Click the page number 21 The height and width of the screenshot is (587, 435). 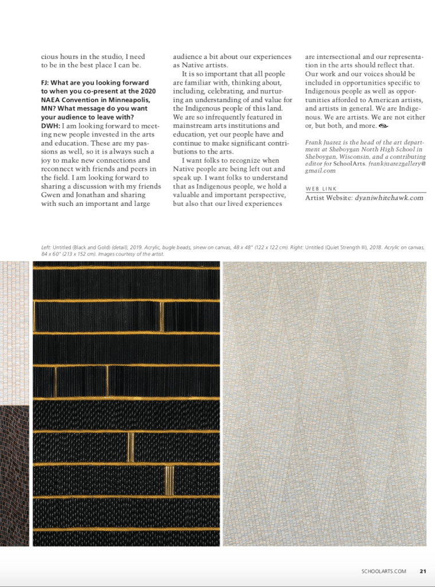coord(423,570)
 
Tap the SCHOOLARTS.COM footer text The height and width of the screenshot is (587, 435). coord(384,570)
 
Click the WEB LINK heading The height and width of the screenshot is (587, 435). coord(320,188)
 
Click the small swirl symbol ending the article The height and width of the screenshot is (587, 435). coord(384,125)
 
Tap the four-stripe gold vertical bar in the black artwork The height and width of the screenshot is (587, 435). coord(169,480)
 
